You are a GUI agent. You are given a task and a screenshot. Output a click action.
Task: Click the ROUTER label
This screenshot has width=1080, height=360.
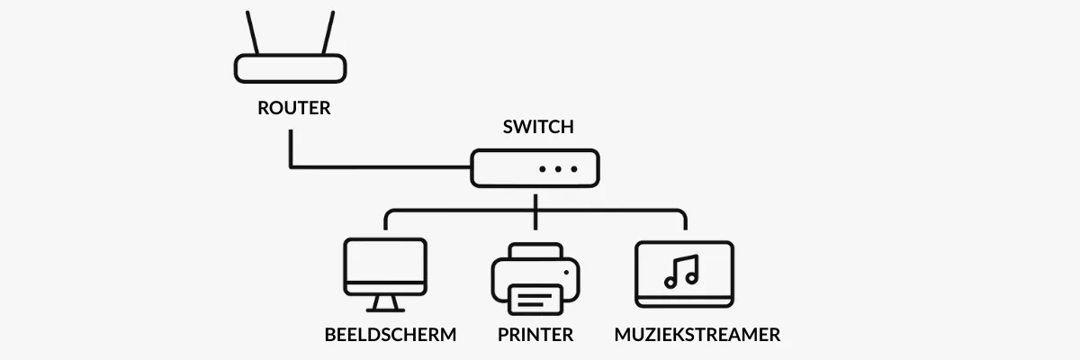[x=293, y=109]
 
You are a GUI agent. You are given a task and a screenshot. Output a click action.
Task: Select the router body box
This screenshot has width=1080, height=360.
[x=291, y=68]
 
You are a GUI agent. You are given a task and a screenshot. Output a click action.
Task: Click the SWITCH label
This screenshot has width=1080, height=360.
[x=537, y=127]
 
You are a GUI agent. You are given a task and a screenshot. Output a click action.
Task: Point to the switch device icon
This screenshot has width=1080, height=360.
[x=535, y=168]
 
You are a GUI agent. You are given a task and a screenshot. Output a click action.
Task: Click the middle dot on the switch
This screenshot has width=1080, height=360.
[x=557, y=169]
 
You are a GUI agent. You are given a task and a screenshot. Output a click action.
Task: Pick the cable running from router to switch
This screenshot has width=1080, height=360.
[x=378, y=167]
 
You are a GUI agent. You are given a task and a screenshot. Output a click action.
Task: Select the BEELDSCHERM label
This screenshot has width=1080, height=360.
[x=391, y=336]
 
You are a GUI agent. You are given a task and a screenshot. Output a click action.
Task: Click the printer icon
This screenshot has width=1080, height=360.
[x=535, y=277]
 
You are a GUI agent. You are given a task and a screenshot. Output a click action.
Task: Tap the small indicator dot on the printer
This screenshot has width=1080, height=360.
[x=565, y=271]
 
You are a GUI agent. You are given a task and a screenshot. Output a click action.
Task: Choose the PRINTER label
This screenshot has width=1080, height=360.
[x=535, y=336]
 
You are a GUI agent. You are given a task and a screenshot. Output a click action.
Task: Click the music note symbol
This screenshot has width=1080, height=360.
[x=682, y=270]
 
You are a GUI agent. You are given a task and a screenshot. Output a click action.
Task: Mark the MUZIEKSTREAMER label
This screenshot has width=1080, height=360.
[x=697, y=336]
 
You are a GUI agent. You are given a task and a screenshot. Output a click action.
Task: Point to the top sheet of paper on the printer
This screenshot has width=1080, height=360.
[x=535, y=250]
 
